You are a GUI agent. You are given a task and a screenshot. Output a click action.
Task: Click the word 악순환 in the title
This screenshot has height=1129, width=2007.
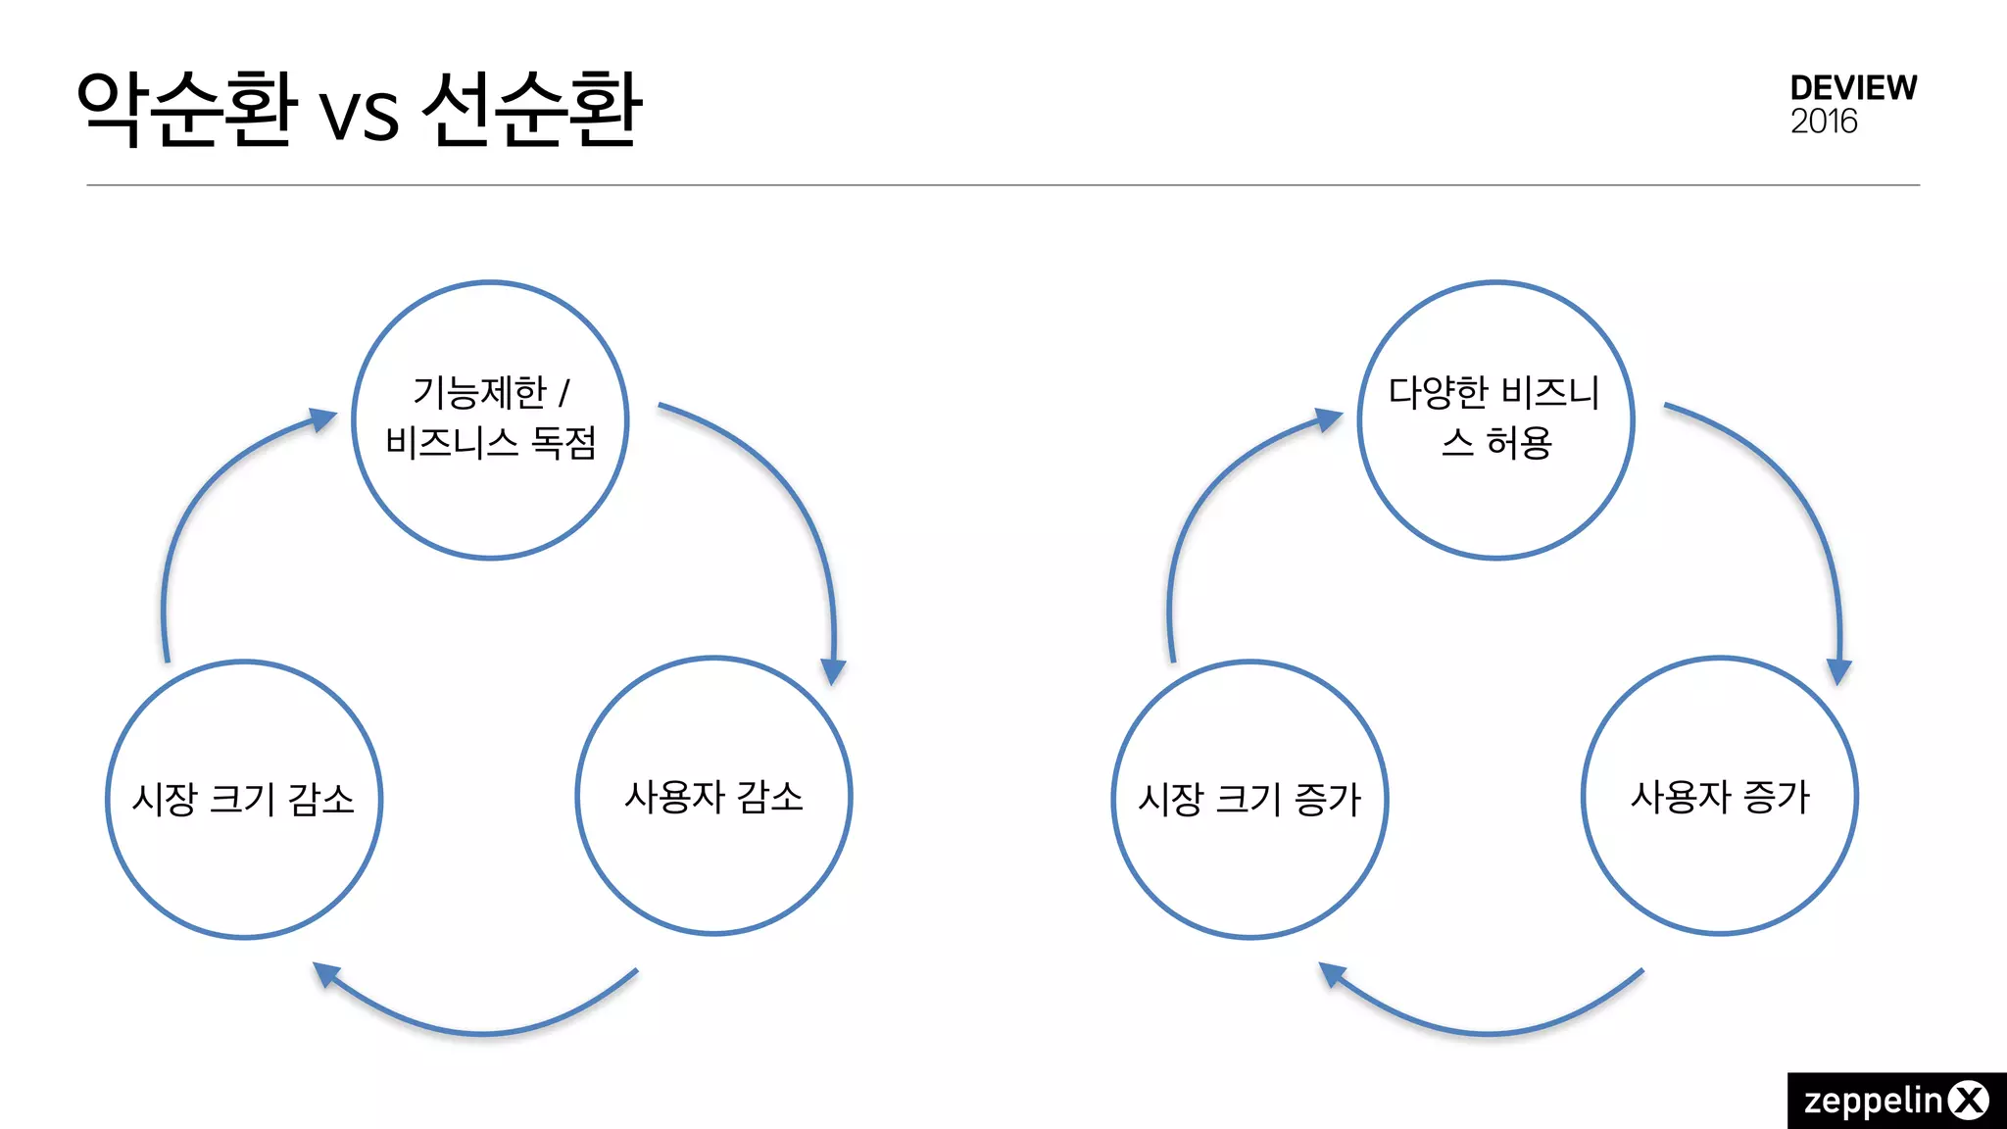(186, 108)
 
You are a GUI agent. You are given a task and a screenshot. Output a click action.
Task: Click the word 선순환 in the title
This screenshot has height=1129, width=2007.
(532, 108)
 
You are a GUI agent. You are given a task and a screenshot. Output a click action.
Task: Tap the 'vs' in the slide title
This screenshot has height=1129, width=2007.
(360, 116)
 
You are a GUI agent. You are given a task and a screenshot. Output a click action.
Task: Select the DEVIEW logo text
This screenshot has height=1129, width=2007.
(1853, 88)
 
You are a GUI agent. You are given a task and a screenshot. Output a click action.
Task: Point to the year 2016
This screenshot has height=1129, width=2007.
(1824, 122)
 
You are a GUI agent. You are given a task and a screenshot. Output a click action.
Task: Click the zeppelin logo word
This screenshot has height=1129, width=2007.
(1873, 1101)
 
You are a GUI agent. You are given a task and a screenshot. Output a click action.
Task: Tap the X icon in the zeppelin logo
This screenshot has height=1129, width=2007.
(1969, 1101)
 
